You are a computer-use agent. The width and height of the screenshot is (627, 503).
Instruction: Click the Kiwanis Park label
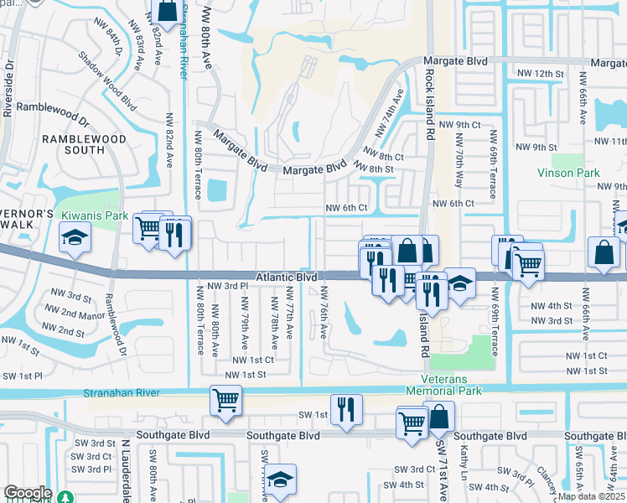(x=95, y=215)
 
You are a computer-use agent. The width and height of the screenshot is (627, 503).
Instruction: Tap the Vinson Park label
(x=569, y=173)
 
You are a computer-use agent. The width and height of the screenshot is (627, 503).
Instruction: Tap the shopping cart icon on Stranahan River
(x=225, y=399)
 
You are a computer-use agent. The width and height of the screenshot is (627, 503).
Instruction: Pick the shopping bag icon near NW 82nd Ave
(x=166, y=12)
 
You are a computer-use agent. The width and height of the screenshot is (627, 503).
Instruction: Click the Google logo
(x=28, y=493)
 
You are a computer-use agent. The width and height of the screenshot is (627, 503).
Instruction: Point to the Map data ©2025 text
(x=592, y=496)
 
